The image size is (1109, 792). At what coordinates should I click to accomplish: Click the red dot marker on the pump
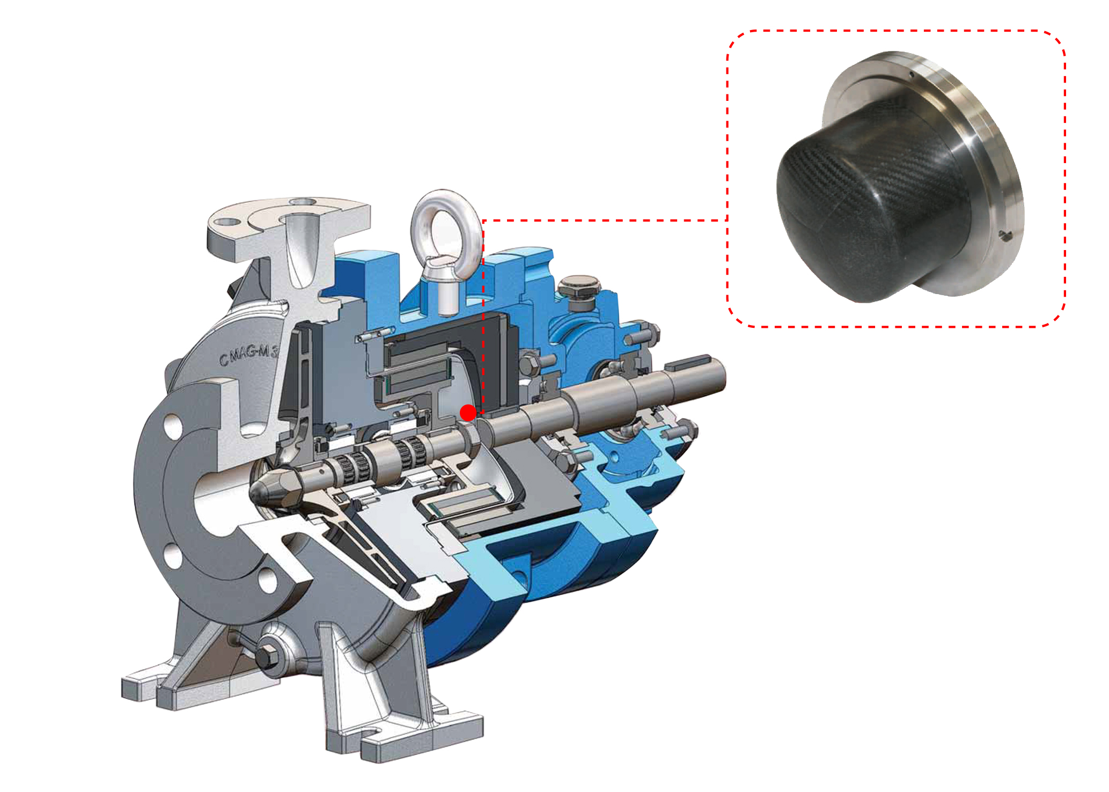pos(468,413)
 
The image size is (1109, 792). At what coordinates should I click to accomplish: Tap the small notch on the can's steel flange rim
pos(1005,234)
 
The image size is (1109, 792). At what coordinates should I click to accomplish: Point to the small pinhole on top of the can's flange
pos(912,74)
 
